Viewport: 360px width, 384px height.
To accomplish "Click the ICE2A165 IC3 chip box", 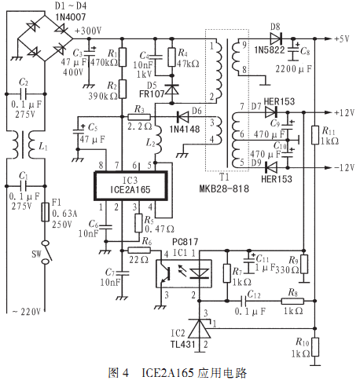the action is pos(130,186).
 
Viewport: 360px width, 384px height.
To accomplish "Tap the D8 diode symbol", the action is pos(276,38).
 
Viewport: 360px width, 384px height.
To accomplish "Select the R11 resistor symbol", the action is pos(315,135).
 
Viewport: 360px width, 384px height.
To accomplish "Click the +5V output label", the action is pos(342,38).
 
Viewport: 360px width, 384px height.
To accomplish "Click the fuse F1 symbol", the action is pos(45,212).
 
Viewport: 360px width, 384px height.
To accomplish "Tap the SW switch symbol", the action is pos(46,252).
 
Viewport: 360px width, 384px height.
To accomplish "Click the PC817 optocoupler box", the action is pos(184,273).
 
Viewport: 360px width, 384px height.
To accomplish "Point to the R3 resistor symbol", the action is pos(139,117).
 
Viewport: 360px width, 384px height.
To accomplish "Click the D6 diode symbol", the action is pos(182,117).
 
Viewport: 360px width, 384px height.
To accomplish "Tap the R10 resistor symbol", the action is pos(315,347).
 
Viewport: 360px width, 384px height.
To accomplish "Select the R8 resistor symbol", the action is pos(292,301).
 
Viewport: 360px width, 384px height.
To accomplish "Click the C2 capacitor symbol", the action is pos(24,93).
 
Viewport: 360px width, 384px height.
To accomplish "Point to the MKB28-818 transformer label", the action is pos(224,188).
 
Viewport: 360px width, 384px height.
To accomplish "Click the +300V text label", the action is pos(88,31).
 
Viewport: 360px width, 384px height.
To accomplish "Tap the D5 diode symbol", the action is pos(172,89).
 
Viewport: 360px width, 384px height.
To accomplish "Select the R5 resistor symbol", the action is pos(138,223).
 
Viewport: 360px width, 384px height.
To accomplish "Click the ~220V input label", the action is pos(27,312).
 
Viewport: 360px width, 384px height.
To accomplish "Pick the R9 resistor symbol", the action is pos(304,265).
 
